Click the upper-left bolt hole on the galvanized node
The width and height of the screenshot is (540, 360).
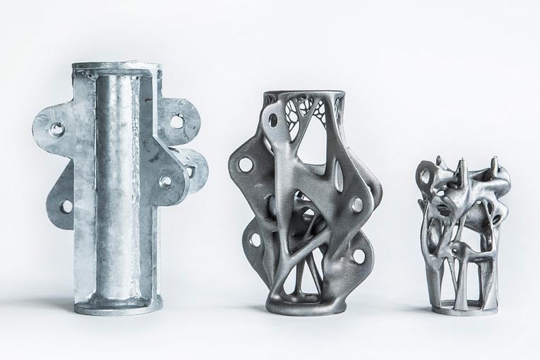(56, 128)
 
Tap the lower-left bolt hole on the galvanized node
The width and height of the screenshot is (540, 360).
(66, 206)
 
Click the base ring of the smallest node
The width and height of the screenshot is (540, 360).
(462, 307)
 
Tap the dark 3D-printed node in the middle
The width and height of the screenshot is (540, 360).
(311, 205)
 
